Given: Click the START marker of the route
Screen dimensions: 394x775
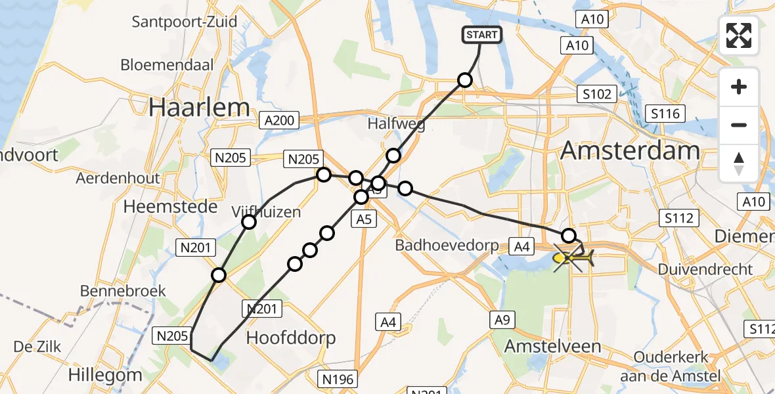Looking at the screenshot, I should pyautogui.click(x=483, y=35).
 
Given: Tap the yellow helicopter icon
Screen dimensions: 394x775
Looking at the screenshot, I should pyautogui.click(x=573, y=259).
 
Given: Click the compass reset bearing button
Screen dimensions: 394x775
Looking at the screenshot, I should pyautogui.click(x=739, y=163).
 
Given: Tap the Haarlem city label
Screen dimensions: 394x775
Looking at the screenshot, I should pyautogui.click(x=199, y=108).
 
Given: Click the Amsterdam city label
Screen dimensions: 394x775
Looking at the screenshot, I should pyautogui.click(x=630, y=151).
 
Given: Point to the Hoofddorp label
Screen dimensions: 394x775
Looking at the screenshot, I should pyautogui.click(x=291, y=338).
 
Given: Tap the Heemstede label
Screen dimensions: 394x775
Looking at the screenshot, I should pyautogui.click(x=170, y=207).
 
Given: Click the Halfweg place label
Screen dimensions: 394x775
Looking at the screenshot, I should pyautogui.click(x=396, y=123).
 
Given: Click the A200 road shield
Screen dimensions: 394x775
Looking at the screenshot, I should pyautogui.click(x=278, y=121).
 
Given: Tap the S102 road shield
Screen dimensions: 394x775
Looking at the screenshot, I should pyautogui.click(x=596, y=93).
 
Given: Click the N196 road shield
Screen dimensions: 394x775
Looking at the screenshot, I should pyautogui.click(x=338, y=379).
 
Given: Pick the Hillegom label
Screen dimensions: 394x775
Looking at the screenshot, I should pyautogui.click(x=105, y=375).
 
